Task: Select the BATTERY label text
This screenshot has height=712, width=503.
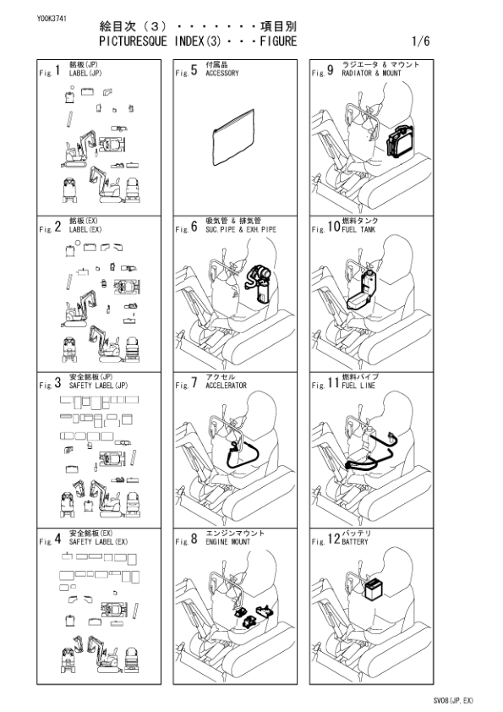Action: click(x=355, y=540)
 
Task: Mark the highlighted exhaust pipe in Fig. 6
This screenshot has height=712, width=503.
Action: click(x=256, y=283)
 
